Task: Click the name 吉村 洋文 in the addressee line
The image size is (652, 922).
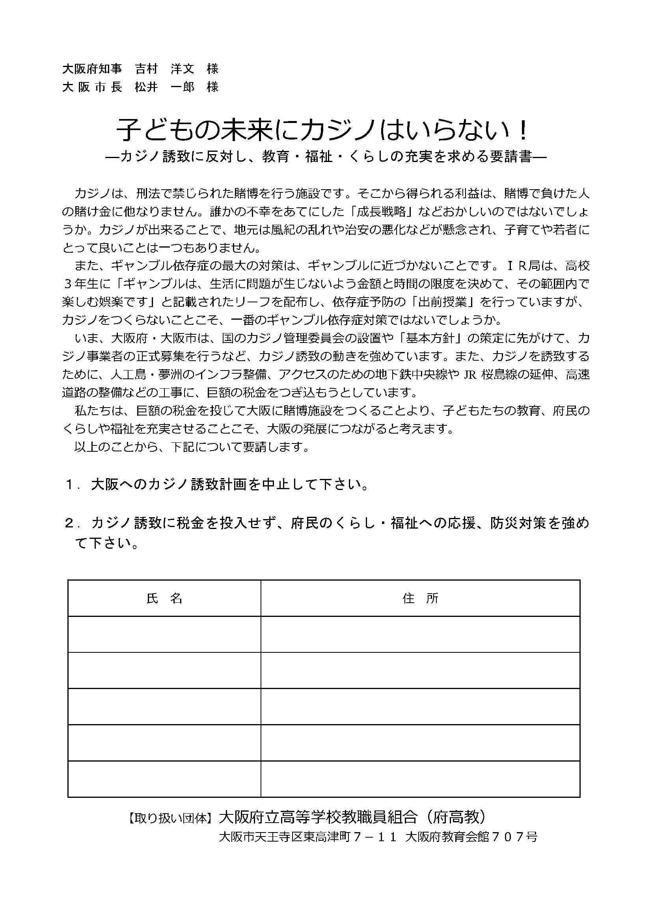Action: point(165,69)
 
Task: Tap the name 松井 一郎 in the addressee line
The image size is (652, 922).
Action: point(165,87)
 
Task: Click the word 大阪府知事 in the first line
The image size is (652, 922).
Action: point(92,69)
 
